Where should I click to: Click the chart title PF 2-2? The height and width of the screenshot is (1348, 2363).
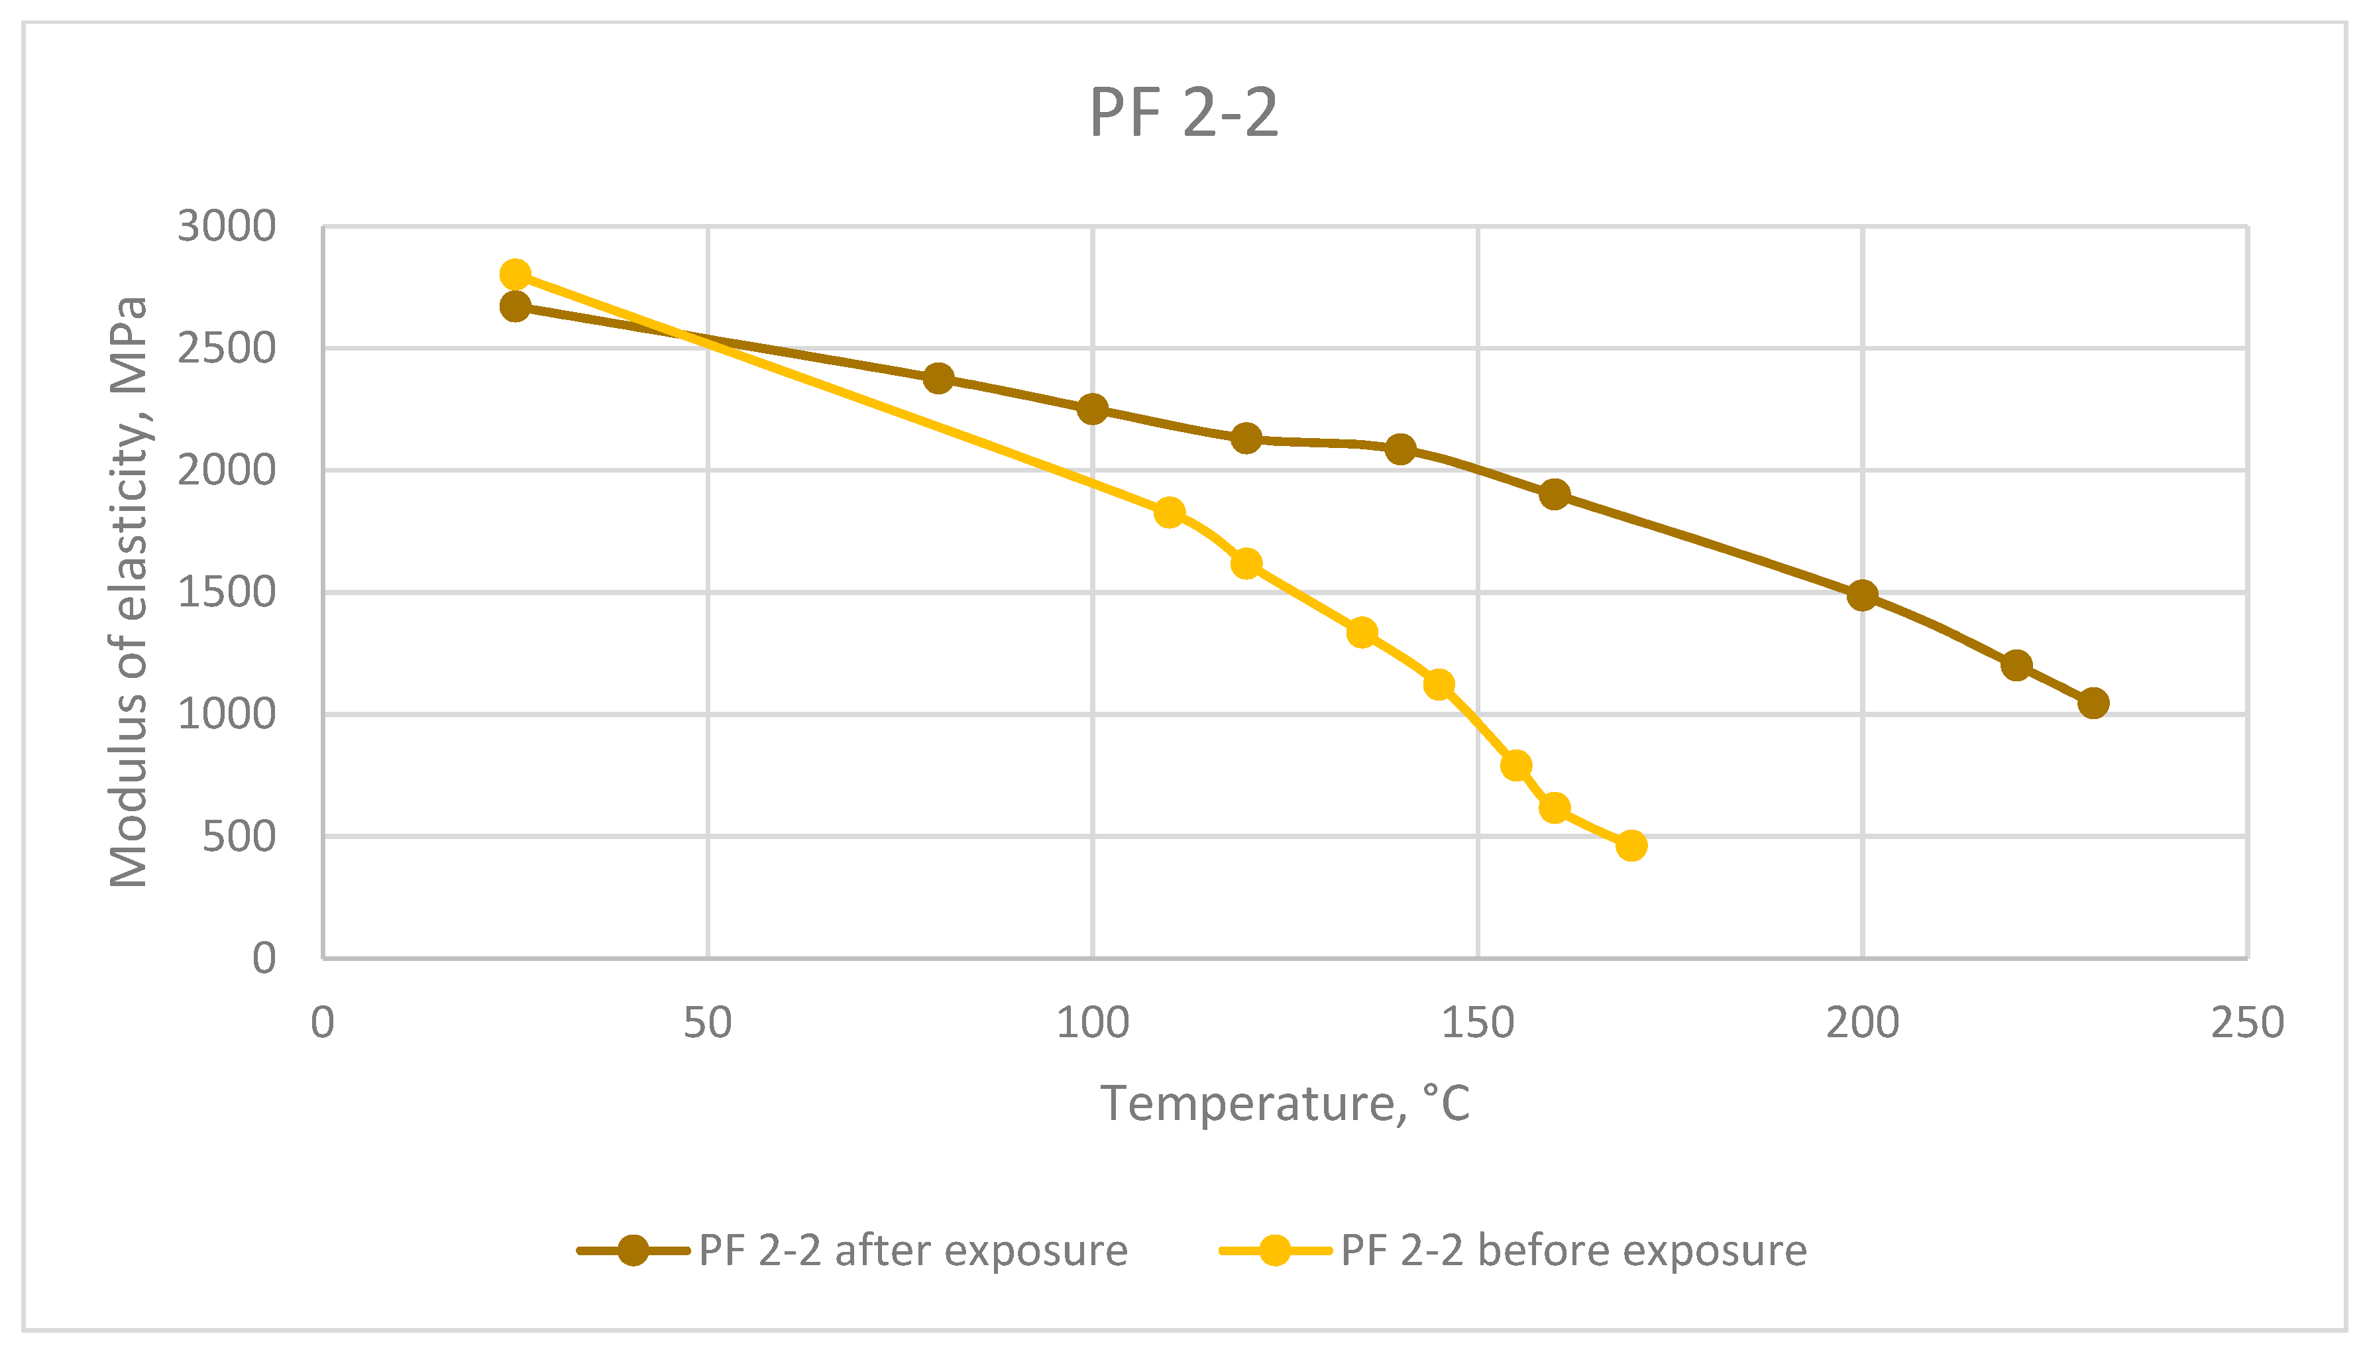pos(1183,113)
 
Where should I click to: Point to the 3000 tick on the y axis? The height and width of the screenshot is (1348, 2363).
pos(227,227)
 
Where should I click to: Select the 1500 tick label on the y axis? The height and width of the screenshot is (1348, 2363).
pos(227,592)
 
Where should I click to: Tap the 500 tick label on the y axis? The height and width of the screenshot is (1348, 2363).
pos(239,837)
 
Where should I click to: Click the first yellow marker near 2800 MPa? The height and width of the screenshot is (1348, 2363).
pos(515,275)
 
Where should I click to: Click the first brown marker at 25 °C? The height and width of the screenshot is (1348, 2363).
pos(515,306)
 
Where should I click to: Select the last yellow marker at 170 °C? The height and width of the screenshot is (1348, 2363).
pos(1631,845)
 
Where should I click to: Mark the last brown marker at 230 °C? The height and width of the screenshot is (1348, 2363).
pos(2093,702)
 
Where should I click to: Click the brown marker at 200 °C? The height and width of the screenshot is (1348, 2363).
pos(1862,595)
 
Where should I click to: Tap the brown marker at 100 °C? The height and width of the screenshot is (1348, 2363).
pos(1092,408)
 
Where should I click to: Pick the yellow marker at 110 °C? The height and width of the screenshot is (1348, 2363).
pos(1169,512)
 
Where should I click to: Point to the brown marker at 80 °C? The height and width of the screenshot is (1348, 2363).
pos(938,378)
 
